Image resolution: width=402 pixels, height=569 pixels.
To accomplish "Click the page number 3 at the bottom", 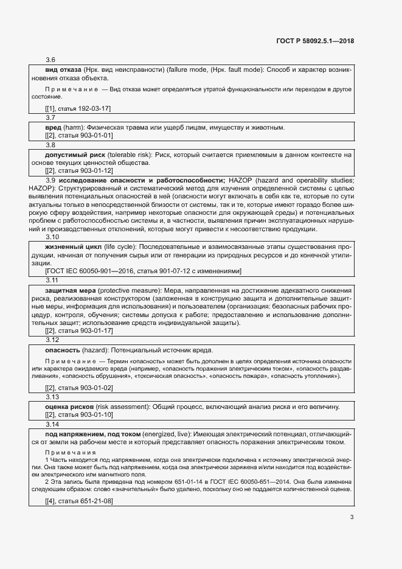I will click(x=352, y=518).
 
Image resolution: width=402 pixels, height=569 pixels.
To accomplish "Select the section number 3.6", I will click(x=50, y=60).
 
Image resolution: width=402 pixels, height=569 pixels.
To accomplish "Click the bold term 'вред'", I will click(x=54, y=128).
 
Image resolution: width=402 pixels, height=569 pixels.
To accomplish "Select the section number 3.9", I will click(x=51, y=181).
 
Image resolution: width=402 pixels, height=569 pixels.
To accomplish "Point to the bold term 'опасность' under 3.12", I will click(x=63, y=351).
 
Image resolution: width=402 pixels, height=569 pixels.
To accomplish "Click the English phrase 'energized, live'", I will click(x=167, y=433).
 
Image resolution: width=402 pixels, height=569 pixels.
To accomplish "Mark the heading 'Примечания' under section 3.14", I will click(x=71, y=453).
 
